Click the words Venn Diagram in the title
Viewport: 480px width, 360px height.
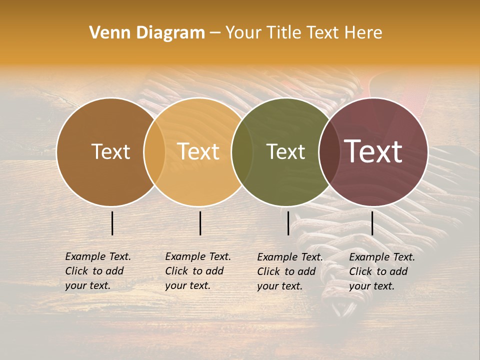click(147, 33)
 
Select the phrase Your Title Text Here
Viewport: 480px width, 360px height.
click(303, 33)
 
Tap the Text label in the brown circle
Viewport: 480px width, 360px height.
click(110, 152)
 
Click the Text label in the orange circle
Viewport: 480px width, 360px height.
click(198, 152)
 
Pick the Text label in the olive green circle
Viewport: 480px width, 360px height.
click(286, 152)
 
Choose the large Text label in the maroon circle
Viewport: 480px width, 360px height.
click(373, 151)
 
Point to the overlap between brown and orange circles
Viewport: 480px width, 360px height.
click(154, 152)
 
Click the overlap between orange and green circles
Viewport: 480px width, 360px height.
click(242, 152)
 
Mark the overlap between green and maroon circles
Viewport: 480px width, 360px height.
click(329, 152)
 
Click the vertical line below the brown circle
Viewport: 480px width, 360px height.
click(112, 223)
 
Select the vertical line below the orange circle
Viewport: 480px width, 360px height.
click(200, 223)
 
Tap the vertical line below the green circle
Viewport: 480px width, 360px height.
click(288, 223)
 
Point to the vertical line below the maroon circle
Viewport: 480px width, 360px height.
click(372, 223)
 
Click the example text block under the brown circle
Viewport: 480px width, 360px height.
click(98, 271)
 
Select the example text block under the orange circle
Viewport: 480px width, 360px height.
click(198, 271)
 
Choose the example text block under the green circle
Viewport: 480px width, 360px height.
click(290, 271)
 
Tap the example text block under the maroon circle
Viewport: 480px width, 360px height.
click(382, 271)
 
